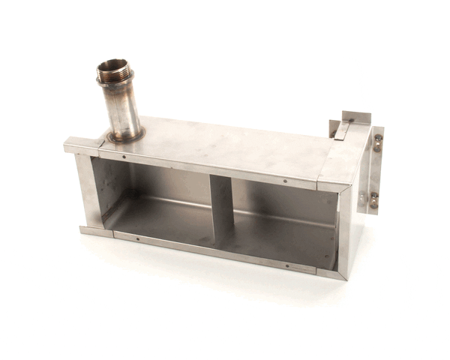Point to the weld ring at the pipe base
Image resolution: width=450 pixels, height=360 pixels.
point(125,137)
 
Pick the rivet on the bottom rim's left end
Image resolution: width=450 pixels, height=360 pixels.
point(137,239)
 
